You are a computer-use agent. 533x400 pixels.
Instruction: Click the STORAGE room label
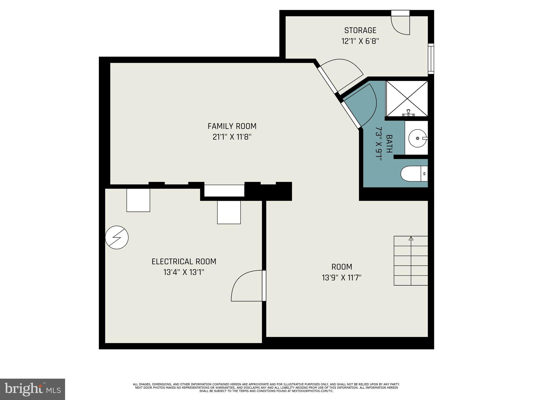(360, 30)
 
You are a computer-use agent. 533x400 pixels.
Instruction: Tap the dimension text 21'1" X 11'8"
(232, 137)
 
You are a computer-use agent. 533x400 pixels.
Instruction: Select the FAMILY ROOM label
(232, 126)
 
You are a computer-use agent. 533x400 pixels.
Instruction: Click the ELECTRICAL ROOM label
(184, 261)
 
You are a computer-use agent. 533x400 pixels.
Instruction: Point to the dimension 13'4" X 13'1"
(184, 272)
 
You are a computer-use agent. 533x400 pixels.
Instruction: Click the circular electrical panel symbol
(117, 238)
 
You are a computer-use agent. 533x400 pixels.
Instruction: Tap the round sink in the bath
(417, 138)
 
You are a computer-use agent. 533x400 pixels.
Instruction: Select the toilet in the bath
(414, 174)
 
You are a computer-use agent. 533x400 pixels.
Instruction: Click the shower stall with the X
(407, 98)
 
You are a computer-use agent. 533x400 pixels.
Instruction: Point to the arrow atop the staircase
(411, 238)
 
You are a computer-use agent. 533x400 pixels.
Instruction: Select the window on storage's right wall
(431, 59)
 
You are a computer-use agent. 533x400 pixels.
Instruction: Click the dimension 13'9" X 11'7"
(341, 278)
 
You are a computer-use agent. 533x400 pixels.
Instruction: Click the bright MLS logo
(32, 389)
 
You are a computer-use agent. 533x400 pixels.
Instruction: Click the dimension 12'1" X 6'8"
(360, 41)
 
